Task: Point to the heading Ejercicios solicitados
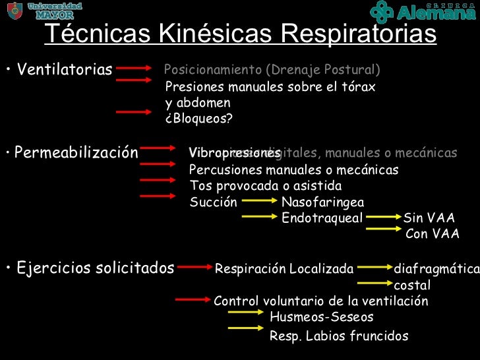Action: pos(95,268)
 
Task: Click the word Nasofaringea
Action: pos(322,202)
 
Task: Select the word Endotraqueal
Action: pos(322,218)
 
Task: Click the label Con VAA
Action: pos(432,234)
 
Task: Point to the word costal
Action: pos(411,285)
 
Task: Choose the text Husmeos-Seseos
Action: pos(321,317)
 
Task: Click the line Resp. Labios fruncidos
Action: pos(339,336)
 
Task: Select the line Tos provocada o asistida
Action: pos(265,186)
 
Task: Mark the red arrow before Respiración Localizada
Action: pos(195,268)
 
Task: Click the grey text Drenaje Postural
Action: pos(336,70)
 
